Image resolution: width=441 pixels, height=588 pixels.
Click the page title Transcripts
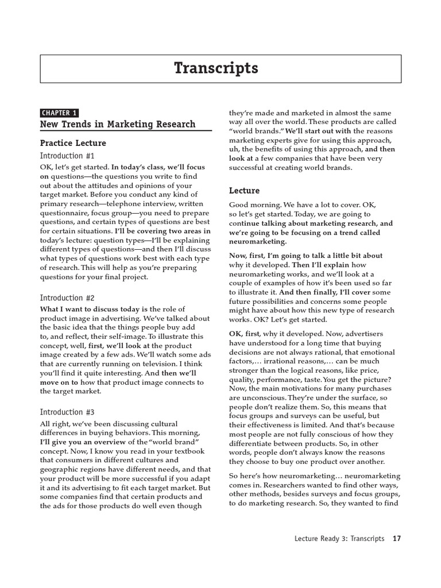pos(216,68)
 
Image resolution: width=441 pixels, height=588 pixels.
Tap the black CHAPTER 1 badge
pos(59,113)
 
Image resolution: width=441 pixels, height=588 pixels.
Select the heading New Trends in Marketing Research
pos(118,125)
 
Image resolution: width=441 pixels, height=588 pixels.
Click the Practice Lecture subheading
pos(73,143)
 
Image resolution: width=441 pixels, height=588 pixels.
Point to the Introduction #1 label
pos(67,156)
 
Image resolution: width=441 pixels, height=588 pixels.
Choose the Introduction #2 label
pos(67,298)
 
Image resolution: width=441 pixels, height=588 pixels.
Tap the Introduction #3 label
pos(67,412)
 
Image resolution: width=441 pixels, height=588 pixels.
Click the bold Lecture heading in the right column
pos(245,191)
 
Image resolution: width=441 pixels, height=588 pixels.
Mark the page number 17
pos(396,539)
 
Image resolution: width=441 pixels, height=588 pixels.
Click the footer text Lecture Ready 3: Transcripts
pos(339,539)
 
